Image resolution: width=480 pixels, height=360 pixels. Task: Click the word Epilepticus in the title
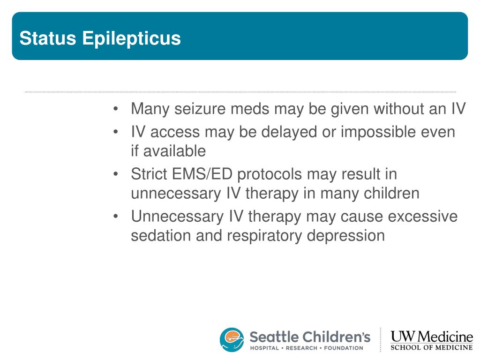point(131,39)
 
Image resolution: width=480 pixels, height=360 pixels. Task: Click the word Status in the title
point(48,38)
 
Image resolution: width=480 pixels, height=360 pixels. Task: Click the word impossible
point(378,132)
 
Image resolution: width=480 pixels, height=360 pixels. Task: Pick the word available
point(174,151)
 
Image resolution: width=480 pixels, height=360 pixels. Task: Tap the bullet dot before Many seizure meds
point(115,109)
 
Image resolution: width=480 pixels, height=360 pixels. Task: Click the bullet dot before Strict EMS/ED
point(115,174)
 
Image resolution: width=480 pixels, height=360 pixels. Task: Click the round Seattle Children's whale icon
point(232,339)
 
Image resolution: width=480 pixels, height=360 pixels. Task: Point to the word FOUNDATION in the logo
point(344,348)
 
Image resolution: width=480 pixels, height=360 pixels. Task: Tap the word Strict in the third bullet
point(149,174)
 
